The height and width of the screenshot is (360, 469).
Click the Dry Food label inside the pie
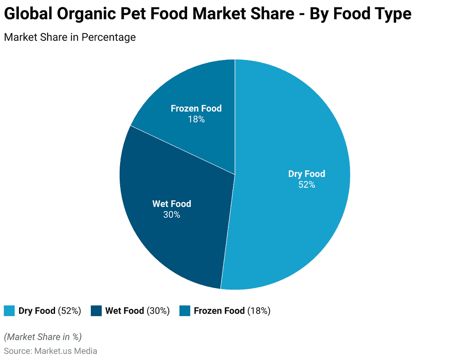(x=306, y=174)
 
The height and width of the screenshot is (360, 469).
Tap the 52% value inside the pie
(x=306, y=185)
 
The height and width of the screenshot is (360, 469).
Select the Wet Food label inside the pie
(x=171, y=204)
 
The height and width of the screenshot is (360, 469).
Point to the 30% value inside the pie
(x=171, y=214)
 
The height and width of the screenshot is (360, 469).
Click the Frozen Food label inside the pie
(x=196, y=109)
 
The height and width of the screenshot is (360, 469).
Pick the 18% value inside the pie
(x=196, y=119)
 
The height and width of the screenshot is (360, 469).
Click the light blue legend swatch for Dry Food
(x=9, y=311)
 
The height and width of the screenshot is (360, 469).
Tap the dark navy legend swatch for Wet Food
(x=96, y=311)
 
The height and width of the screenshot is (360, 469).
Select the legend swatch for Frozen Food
(x=184, y=311)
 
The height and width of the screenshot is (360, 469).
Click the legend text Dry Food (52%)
(x=50, y=311)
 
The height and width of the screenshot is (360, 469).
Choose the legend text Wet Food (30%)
(x=137, y=311)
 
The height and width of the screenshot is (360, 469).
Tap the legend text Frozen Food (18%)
(x=232, y=311)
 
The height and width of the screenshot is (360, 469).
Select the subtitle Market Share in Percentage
(x=70, y=37)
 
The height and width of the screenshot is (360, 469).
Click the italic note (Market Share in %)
(x=43, y=337)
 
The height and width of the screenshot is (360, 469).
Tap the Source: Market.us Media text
(x=50, y=351)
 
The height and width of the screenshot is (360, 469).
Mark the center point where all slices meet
(x=235, y=174)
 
